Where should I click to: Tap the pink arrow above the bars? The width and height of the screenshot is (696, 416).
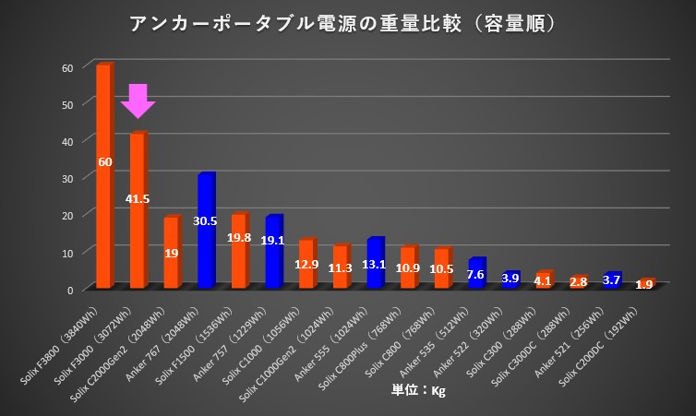pos(138,101)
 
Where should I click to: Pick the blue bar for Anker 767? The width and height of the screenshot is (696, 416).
pos(206,231)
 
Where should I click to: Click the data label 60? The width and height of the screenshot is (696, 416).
pos(104,161)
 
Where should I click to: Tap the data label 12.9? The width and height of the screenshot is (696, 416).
pos(307,265)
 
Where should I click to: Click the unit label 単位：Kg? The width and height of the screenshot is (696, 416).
pos(419,391)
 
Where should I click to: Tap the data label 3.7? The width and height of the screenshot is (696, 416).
pos(611,279)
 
